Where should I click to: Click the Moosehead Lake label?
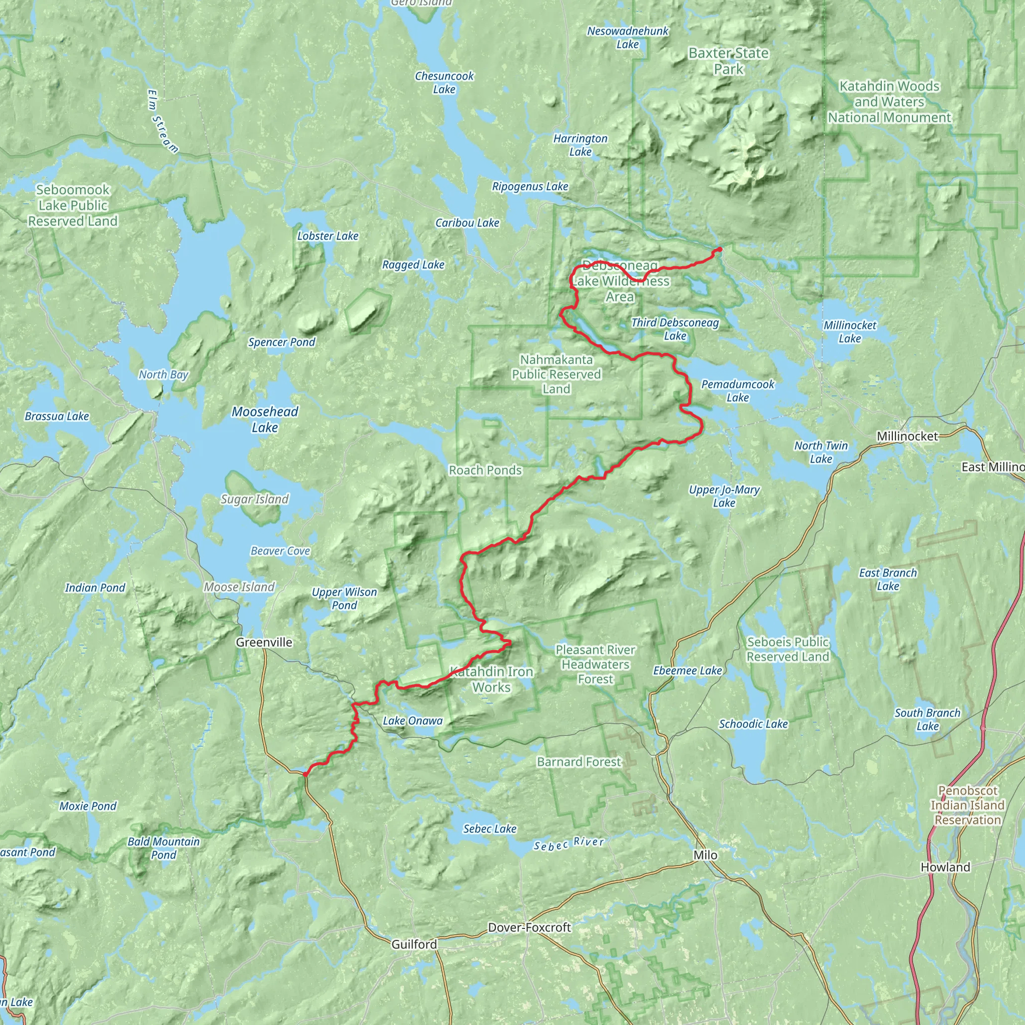tap(265, 419)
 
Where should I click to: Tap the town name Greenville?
tap(264, 643)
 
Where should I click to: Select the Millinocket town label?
tap(907, 436)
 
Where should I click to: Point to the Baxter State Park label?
tap(728, 61)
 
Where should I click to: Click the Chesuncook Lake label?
tap(444, 83)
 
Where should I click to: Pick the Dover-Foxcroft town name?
tap(529, 927)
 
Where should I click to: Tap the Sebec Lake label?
tap(489, 829)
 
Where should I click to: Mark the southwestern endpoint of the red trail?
tap(306, 775)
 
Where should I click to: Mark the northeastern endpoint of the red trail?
tap(720, 249)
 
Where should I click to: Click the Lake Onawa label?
tap(412, 721)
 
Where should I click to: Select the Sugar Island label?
tap(255, 499)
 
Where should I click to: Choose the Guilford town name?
tap(414, 944)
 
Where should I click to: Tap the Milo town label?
tap(705, 855)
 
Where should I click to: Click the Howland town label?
tap(945, 867)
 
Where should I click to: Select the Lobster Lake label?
tap(327, 236)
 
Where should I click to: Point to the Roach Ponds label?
tap(485, 470)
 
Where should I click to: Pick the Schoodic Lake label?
tap(753, 724)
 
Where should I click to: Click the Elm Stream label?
tap(162, 121)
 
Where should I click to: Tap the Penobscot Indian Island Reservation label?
tap(967, 805)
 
